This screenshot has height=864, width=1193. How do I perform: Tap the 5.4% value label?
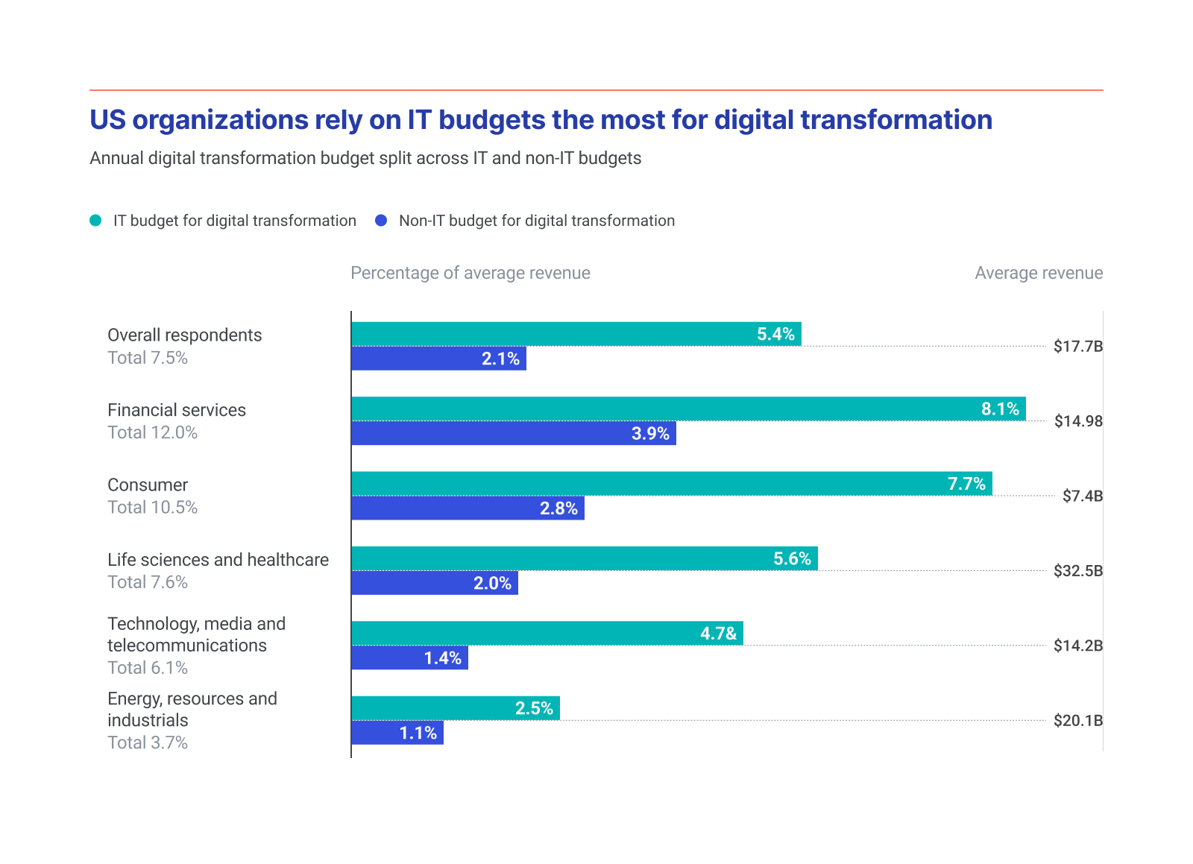[x=775, y=334]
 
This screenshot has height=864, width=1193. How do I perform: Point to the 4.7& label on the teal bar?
[x=718, y=634]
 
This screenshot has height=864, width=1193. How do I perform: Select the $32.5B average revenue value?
[x=1077, y=571]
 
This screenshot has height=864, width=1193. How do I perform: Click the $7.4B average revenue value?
[x=1082, y=496]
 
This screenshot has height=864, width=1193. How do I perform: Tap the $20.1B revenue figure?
[x=1077, y=721]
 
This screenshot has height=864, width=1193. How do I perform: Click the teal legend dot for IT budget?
[x=95, y=221]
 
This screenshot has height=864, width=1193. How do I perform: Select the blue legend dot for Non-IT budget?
[x=381, y=221]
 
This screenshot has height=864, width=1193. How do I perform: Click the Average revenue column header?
[x=1038, y=273]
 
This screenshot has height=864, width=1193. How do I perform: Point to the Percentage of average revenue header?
[x=470, y=273]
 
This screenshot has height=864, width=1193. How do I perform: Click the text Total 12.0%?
[x=152, y=432]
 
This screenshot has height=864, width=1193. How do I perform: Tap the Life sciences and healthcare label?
[x=218, y=560]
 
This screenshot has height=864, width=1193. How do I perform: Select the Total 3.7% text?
[x=148, y=742]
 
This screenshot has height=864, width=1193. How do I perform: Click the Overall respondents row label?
[x=184, y=335]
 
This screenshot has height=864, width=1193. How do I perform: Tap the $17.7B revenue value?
[x=1077, y=346]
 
